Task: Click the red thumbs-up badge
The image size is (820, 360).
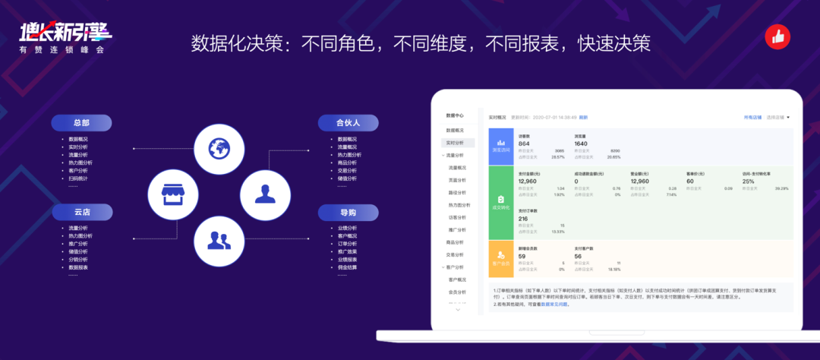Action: click(777, 36)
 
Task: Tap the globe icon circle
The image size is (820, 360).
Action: click(219, 148)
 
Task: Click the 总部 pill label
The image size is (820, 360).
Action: click(82, 123)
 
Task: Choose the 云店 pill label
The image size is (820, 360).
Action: click(82, 212)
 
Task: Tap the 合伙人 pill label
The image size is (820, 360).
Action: click(348, 123)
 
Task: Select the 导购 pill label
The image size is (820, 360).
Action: click(348, 212)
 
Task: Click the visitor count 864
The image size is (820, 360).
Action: click(524, 144)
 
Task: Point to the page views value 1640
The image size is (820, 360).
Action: click(581, 144)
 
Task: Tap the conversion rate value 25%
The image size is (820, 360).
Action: click(749, 182)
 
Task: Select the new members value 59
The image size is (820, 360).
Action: click(522, 256)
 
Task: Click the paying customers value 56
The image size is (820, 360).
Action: click(579, 256)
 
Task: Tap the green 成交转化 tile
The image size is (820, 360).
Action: click(500, 201)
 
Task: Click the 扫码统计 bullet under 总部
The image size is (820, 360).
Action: click(78, 178)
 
